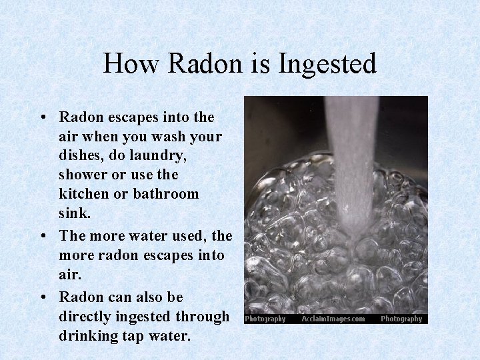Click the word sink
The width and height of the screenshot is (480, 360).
point(73,213)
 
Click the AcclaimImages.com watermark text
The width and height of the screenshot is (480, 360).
point(333,319)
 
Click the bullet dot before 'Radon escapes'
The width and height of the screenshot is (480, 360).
point(43,118)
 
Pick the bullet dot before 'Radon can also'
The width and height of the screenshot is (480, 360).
point(43,297)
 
